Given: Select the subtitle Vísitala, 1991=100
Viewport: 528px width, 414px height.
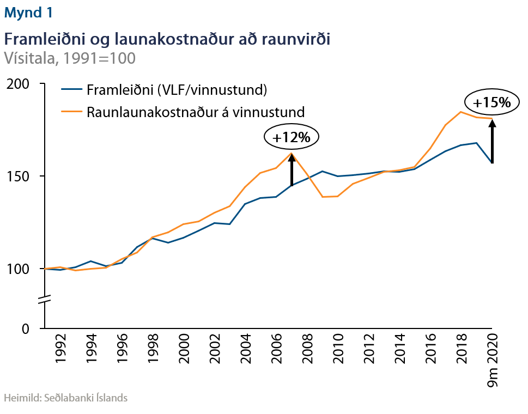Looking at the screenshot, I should point(69,58).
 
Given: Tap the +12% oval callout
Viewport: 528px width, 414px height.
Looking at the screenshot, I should point(291,138).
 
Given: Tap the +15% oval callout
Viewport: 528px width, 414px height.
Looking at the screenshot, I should point(491,102).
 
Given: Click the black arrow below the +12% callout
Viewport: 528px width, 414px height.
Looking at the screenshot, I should point(292,170).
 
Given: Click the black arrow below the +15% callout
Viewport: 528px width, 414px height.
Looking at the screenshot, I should point(492,142).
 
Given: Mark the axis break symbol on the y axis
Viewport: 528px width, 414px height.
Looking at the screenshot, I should point(44,299).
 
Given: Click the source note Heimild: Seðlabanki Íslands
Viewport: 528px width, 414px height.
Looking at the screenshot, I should point(66,398).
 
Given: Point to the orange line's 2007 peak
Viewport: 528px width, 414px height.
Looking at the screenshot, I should point(292,153).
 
